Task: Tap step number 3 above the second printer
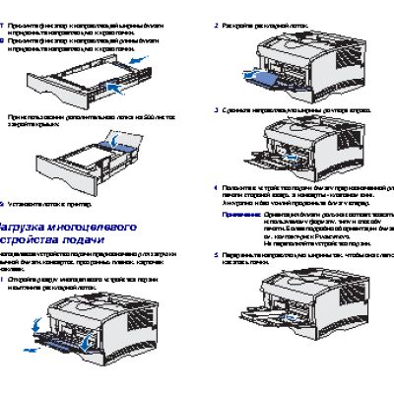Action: click(x=217, y=109)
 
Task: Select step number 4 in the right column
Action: click(x=217, y=186)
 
